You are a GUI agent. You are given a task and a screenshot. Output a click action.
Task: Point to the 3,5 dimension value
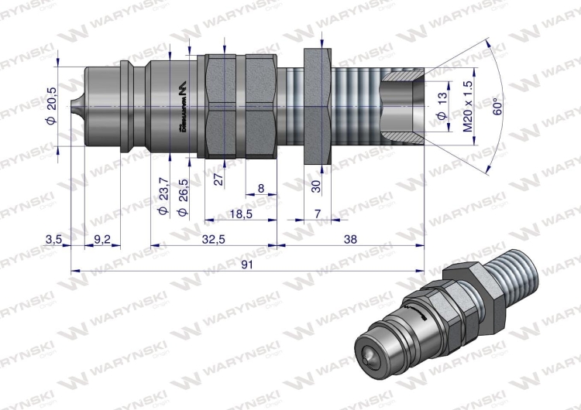tap(53, 239)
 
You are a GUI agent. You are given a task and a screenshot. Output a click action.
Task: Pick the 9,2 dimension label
tap(102, 239)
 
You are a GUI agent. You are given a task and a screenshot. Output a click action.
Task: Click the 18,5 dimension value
tap(240, 213)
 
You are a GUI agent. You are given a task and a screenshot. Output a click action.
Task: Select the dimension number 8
tap(260, 188)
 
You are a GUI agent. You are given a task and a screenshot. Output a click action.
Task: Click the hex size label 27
tap(219, 179)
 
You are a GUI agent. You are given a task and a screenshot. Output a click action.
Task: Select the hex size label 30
tap(315, 185)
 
